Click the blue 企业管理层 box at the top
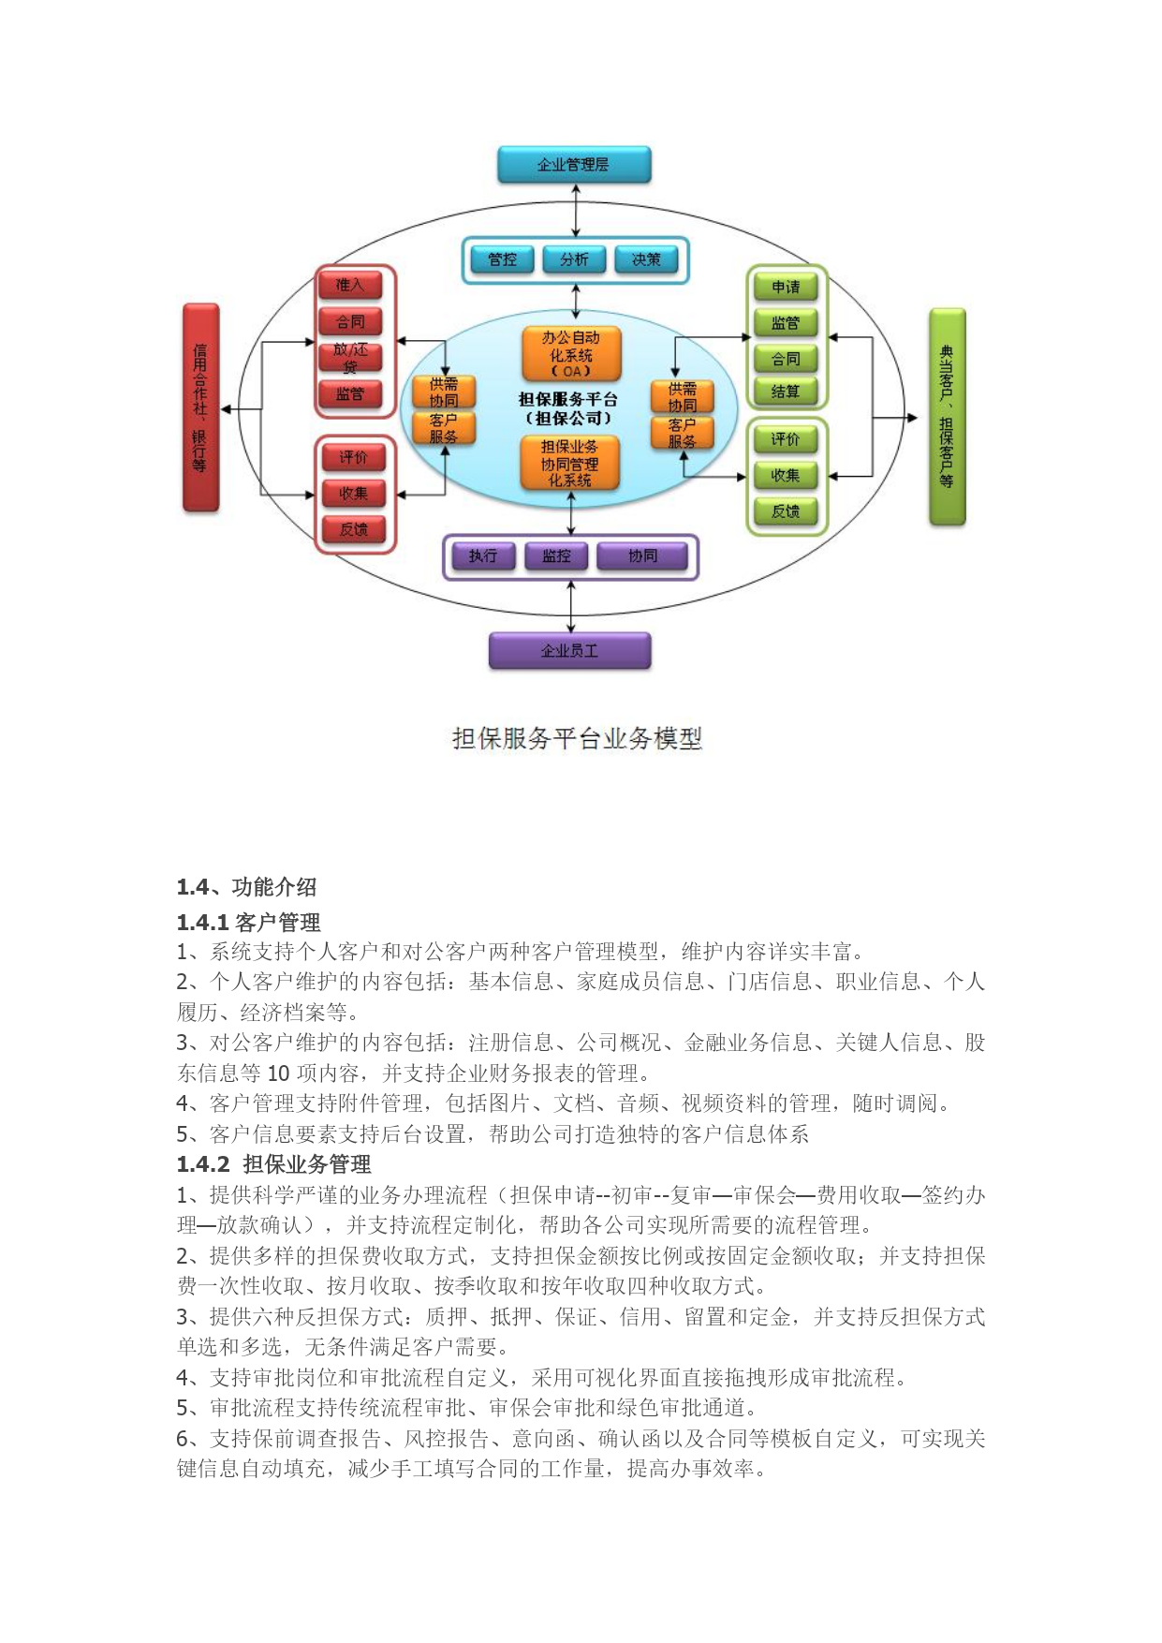tap(574, 165)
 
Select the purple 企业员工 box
tap(569, 651)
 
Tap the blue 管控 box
tap(502, 259)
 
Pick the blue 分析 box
tap(574, 259)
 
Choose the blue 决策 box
tap(646, 259)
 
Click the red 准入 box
tap(350, 285)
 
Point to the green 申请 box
tap(786, 288)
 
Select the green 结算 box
tap(786, 392)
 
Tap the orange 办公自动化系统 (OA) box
tap(571, 353)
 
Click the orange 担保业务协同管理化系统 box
tap(570, 463)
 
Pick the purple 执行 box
tap(483, 556)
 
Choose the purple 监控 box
tap(556, 556)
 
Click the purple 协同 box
tap(642, 556)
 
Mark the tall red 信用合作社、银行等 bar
tap(200, 407)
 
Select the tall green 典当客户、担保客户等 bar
tap(947, 417)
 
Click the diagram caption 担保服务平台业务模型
tap(577, 739)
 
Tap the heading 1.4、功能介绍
tap(246, 887)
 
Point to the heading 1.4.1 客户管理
tap(248, 923)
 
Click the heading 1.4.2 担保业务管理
tap(273, 1164)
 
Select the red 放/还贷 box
tap(350, 357)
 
